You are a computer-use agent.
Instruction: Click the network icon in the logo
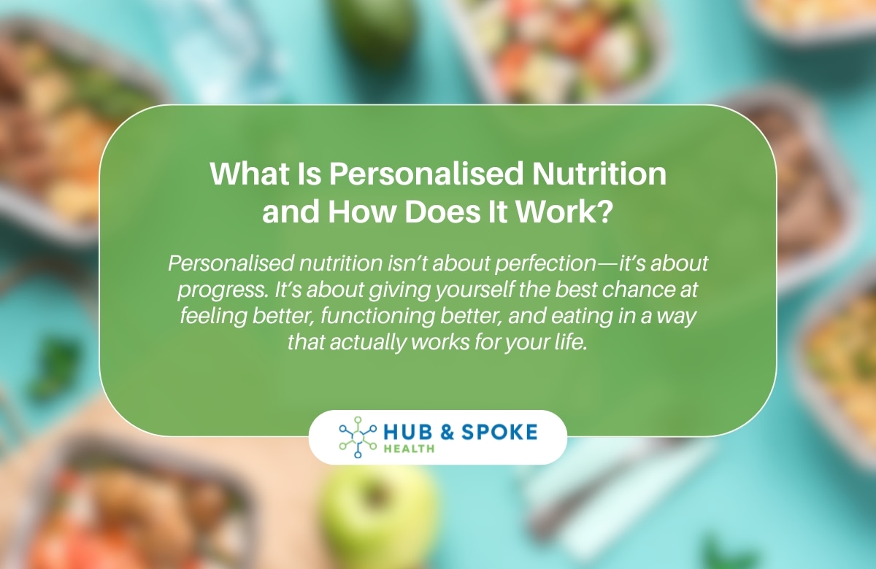click(357, 438)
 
